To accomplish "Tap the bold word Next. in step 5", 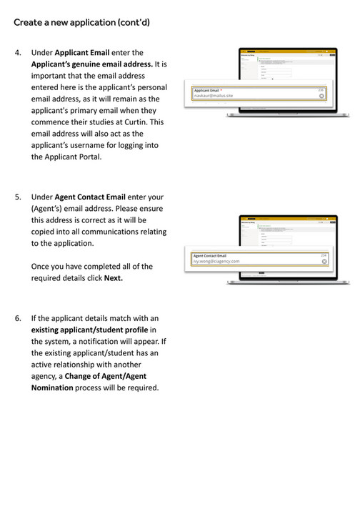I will (x=114, y=278).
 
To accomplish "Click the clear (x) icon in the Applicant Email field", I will (x=322, y=95).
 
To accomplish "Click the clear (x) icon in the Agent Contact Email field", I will (x=324, y=261).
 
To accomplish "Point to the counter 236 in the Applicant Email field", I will (x=321, y=89).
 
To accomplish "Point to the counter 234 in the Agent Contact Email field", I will (x=324, y=254).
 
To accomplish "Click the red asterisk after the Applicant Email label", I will (x=222, y=89).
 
